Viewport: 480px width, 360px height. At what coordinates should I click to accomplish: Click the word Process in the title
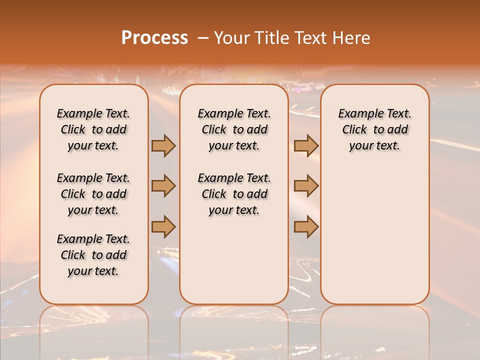(x=154, y=38)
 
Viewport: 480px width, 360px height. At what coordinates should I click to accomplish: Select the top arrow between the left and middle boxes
(x=163, y=145)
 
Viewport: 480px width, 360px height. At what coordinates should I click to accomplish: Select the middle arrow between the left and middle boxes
(x=163, y=186)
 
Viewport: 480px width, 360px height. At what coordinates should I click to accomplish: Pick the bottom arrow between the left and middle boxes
(x=163, y=226)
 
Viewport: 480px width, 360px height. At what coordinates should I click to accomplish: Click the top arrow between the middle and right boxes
(x=306, y=145)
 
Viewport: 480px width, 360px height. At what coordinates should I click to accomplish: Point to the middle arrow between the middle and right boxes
(x=306, y=186)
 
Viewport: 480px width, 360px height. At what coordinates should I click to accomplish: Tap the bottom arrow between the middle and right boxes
(x=306, y=226)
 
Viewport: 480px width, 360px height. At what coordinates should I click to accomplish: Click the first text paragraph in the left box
(x=93, y=129)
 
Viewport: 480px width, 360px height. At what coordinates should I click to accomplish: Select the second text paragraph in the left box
(x=93, y=194)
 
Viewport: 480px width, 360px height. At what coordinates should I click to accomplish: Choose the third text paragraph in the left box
(x=93, y=255)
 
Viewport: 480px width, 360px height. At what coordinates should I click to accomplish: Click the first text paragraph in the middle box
(x=234, y=129)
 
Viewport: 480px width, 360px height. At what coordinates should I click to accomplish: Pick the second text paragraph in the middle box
(x=234, y=194)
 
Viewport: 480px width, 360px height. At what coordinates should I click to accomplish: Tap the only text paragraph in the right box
(x=374, y=129)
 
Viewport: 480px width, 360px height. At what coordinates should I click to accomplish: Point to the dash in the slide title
(x=203, y=38)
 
